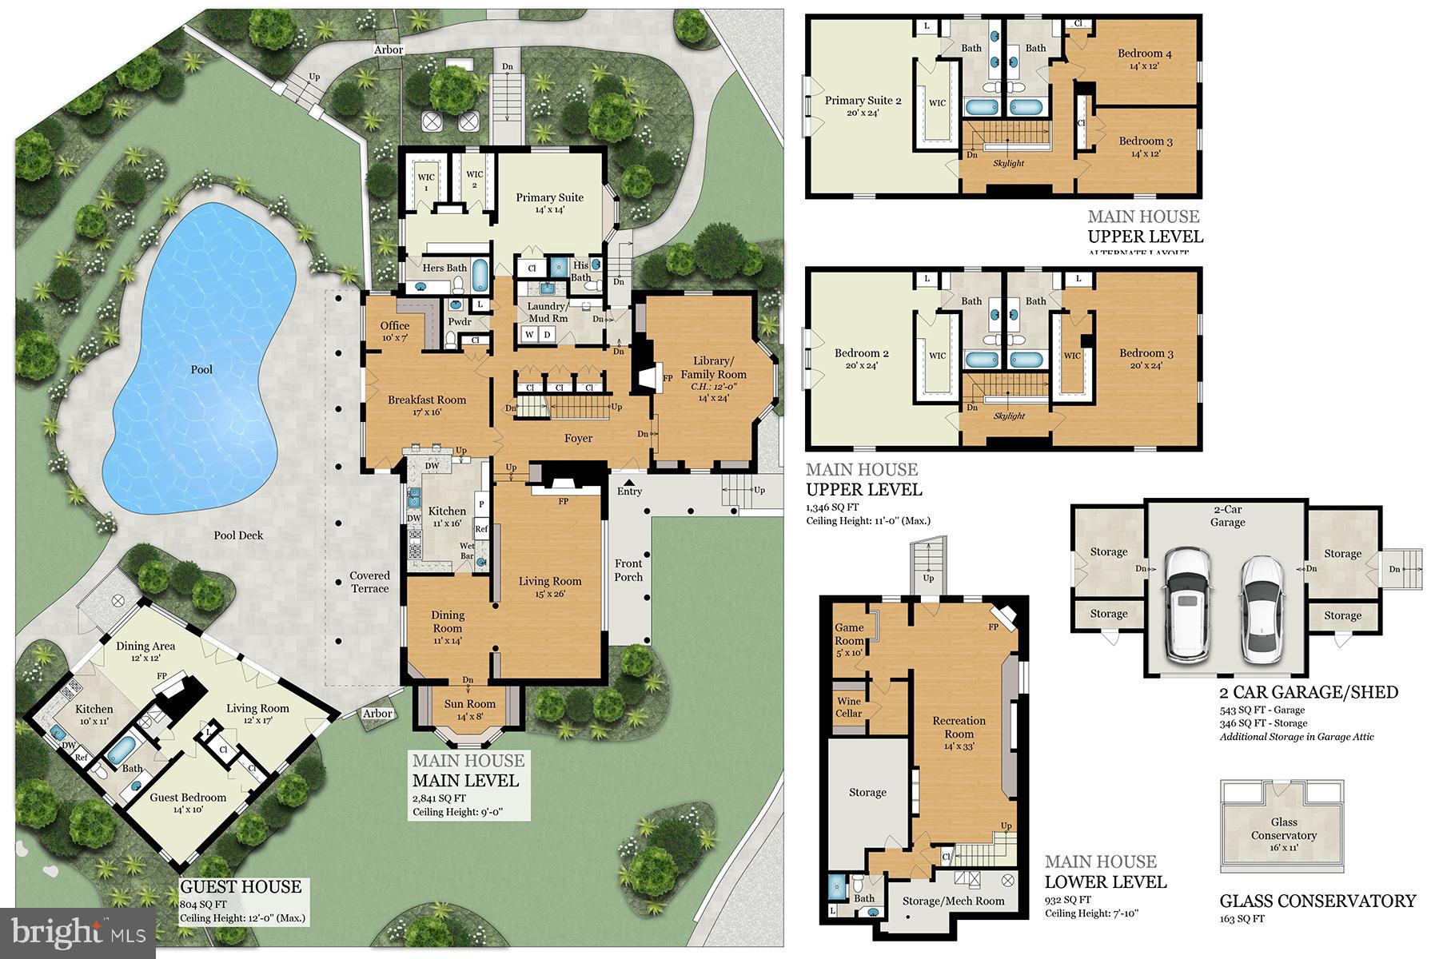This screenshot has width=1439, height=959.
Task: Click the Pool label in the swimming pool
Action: point(201,369)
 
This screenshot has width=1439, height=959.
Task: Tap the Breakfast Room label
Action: point(427,400)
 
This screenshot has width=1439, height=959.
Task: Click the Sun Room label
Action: point(470,704)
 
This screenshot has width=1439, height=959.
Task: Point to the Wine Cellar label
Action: point(849,707)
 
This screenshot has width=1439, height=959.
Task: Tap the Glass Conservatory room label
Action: point(1283,829)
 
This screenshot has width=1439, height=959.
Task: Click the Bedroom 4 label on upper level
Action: point(1144,54)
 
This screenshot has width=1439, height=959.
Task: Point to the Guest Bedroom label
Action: point(188,797)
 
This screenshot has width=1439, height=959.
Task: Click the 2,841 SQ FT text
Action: point(439,798)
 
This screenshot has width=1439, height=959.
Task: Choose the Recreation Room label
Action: point(959,726)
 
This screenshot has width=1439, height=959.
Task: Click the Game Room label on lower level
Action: point(849,634)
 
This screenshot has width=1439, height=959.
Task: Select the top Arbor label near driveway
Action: point(389,50)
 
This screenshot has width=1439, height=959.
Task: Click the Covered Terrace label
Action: point(369,582)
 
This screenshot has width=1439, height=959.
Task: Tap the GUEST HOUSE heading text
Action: point(240,886)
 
